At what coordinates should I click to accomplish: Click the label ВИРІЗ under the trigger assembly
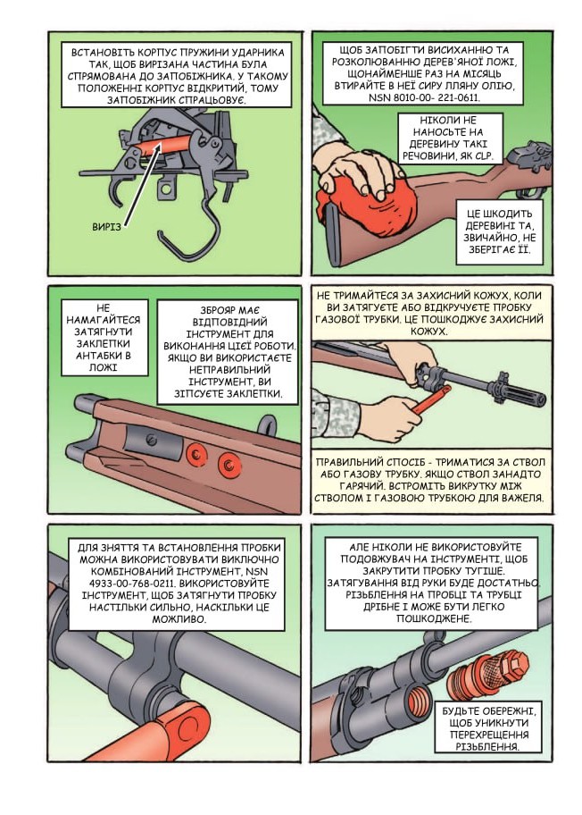pos(106,227)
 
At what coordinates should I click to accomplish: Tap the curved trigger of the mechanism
pos(120,193)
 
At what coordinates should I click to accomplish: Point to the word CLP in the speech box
pos(483,155)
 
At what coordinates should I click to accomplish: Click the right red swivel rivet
pos(229,464)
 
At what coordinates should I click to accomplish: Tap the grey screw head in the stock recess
pos(152,440)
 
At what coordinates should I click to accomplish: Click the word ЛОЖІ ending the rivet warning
pos(103,367)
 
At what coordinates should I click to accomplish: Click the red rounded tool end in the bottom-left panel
pos(178,732)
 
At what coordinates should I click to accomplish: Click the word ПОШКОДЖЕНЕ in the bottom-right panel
pos(434,618)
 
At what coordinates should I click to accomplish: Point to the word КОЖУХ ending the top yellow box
pos(428,331)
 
